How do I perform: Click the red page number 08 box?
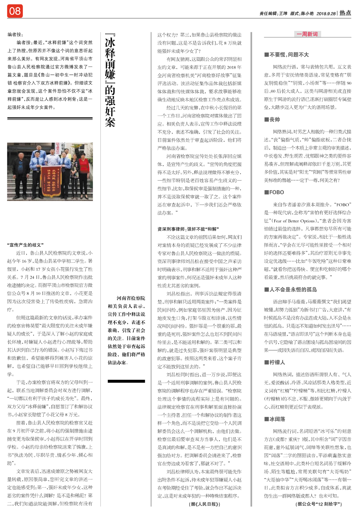15,11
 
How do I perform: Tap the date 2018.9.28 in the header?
326,14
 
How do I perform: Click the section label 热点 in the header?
345,13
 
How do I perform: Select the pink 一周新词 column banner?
307,34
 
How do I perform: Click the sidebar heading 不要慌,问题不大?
286,55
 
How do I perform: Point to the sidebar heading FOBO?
274,192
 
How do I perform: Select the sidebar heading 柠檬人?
275,362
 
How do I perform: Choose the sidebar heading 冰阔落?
275,419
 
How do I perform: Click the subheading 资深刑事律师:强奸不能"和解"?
188,229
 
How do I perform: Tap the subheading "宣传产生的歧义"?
25,245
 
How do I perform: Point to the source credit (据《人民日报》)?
205,504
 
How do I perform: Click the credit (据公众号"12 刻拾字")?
319,504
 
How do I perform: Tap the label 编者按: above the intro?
15,35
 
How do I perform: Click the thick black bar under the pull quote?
126,381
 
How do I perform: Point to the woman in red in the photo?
85,168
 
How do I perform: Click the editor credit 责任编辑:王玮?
273,14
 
